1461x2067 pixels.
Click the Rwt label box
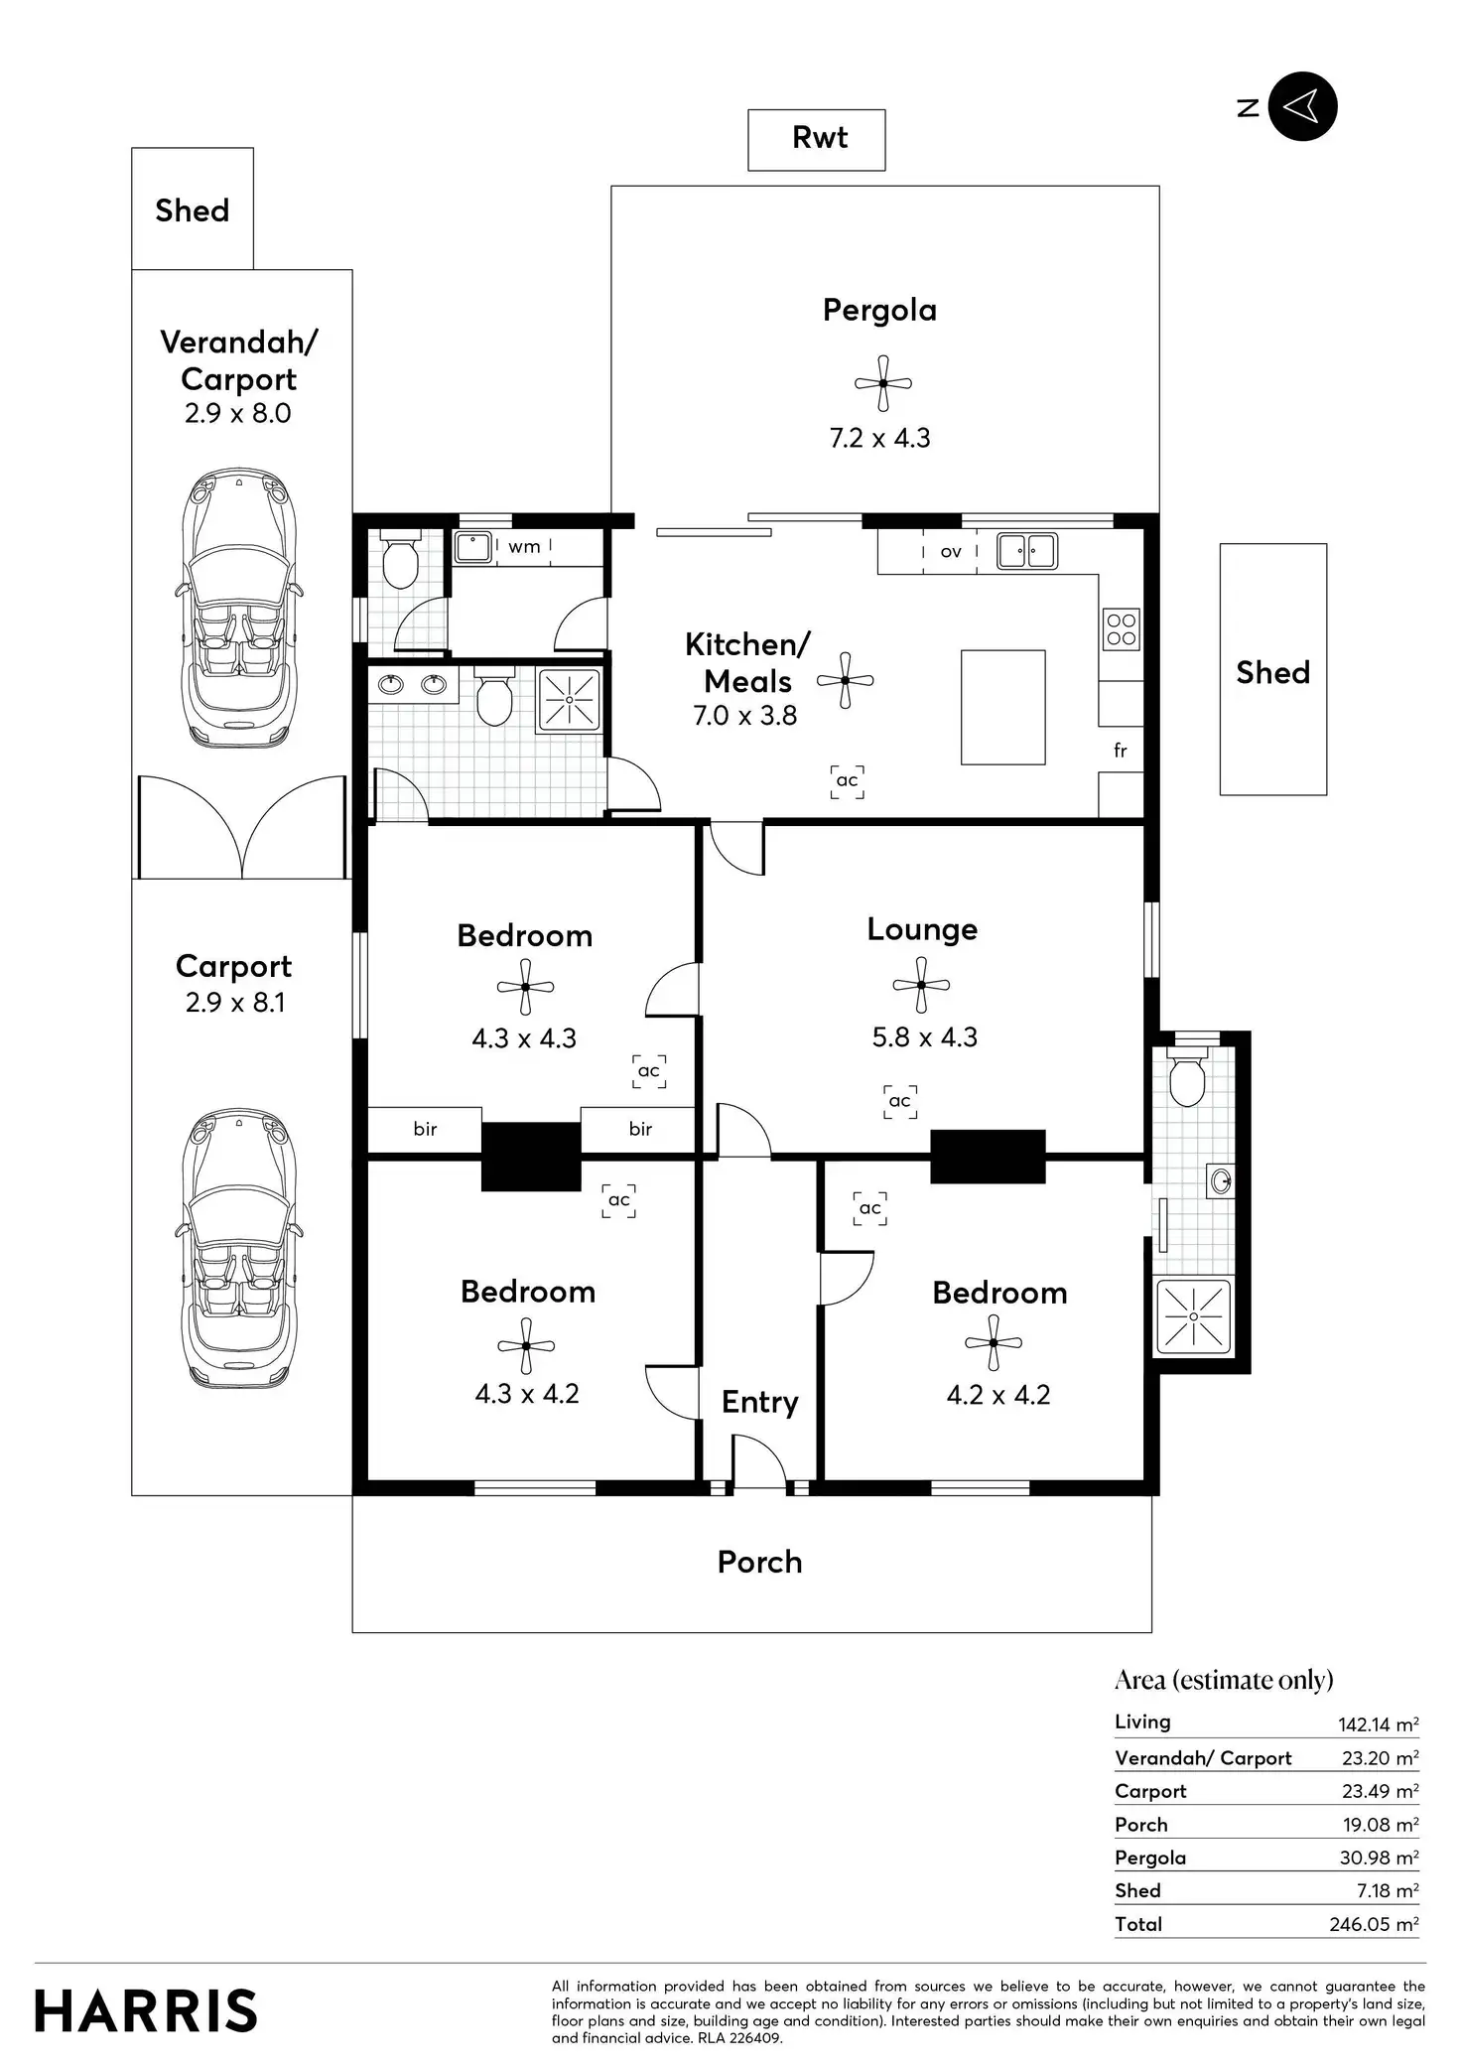pyautogui.click(x=816, y=139)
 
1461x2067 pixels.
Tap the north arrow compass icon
pyautogui.click(x=1303, y=106)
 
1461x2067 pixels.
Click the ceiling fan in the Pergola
pyautogui.click(x=881, y=383)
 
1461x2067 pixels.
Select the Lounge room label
pyautogui.click(x=922, y=929)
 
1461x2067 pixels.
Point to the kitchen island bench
pyautogui.click(x=1002, y=707)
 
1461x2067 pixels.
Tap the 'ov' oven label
pyautogui.click(x=950, y=552)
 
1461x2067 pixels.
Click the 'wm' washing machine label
pyautogui.click(x=524, y=546)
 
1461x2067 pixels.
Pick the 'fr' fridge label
pyautogui.click(x=1120, y=751)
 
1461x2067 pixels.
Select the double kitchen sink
pyautogui.click(x=1027, y=550)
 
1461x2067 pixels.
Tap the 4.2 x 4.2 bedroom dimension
pyautogui.click(x=997, y=1395)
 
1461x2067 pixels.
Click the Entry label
pyautogui.click(x=759, y=1402)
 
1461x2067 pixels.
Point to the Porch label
pyautogui.click(x=759, y=1562)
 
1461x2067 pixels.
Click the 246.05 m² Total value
pyautogui.click(x=1374, y=1924)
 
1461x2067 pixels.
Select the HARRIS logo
pyautogui.click(x=146, y=2011)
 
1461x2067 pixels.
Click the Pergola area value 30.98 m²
pyautogui.click(x=1379, y=1858)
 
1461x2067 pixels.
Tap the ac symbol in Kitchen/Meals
pyautogui.click(x=847, y=781)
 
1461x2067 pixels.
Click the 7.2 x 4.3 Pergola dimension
pyautogui.click(x=879, y=438)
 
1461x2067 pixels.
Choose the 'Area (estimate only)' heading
pyautogui.click(x=1224, y=1679)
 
